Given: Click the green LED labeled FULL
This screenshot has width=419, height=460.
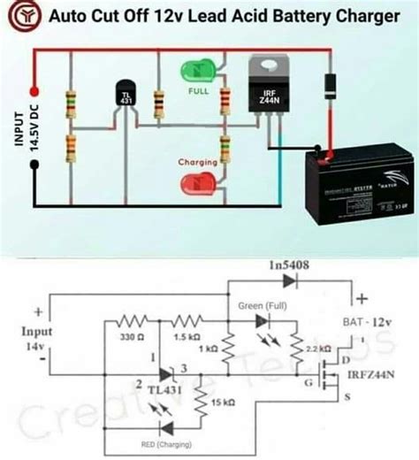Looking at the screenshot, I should tap(198, 70).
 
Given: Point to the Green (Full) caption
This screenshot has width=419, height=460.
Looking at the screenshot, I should tap(263, 305).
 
